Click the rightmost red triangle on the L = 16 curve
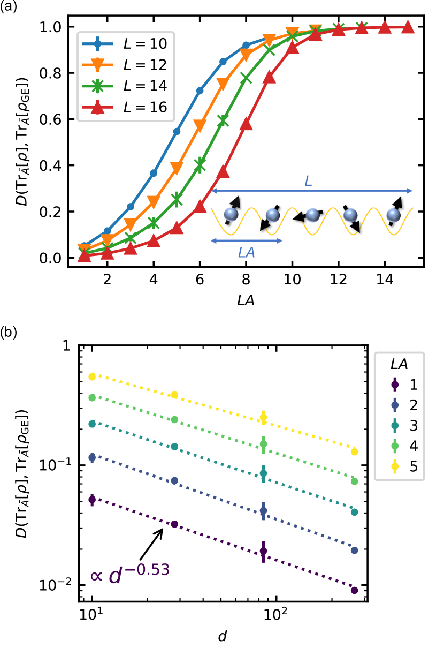[x=407, y=27]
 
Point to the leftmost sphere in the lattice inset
[x=231, y=214]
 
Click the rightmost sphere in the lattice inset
[x=393, y=215]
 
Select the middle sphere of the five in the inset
[x=312, y=215]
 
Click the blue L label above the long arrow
[x=308, y=181]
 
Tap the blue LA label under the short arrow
[x=247, y=253]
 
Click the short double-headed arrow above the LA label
[x=247, y=241]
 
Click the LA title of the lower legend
[x=399, y=364]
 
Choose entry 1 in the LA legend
[x=404, y=385]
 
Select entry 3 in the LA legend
[x=404, y=426]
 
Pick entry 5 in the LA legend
[x=404, y=466]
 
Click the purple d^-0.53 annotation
[x=130, y=574]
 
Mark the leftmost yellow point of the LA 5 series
[x=92, y=377]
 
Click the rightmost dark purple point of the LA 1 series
[x=354, y=590]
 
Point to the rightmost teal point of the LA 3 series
[x=354, y=513]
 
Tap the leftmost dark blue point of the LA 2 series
[x=92, y=457]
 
